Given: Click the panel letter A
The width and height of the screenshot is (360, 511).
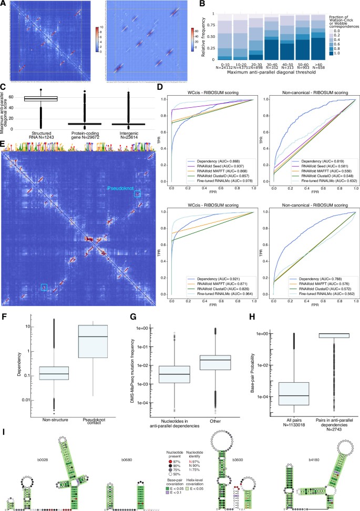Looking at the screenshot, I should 4,4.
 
